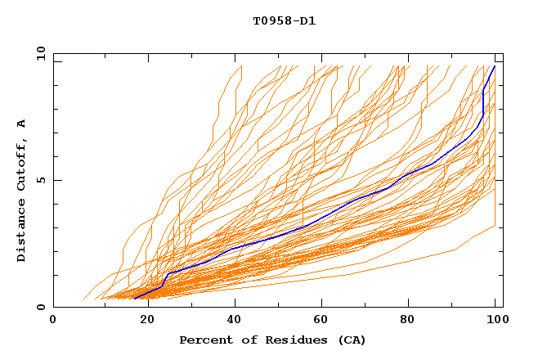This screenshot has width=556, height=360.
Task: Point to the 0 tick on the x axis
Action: [x=53, y=320]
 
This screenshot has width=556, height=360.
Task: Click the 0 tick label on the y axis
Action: [x=41, y=308]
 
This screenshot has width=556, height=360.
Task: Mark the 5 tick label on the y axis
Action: [x=41, y=180]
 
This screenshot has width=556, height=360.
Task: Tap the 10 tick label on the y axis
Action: [x=38, y=53]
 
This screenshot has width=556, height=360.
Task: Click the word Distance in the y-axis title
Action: [x=21, y=230]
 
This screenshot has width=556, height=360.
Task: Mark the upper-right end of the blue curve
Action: [x=494, y=65]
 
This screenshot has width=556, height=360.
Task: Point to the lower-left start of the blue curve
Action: [x=134, y=299]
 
